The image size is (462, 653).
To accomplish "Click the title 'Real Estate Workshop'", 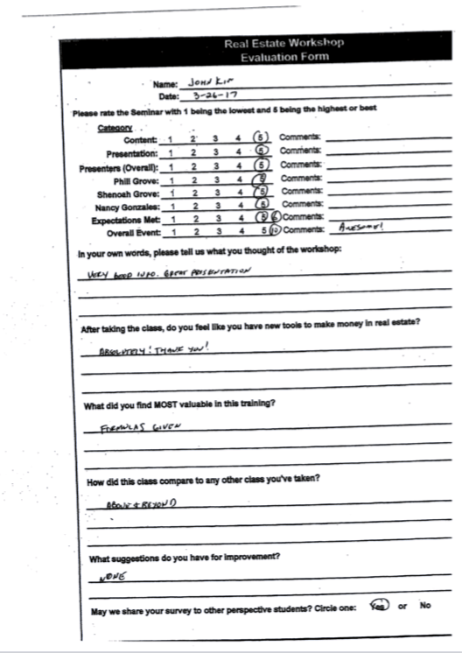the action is tap(284, 42).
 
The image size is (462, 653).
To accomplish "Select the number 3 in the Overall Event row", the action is tap(215, 233).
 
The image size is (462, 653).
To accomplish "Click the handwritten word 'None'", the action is tap(108, 578).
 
